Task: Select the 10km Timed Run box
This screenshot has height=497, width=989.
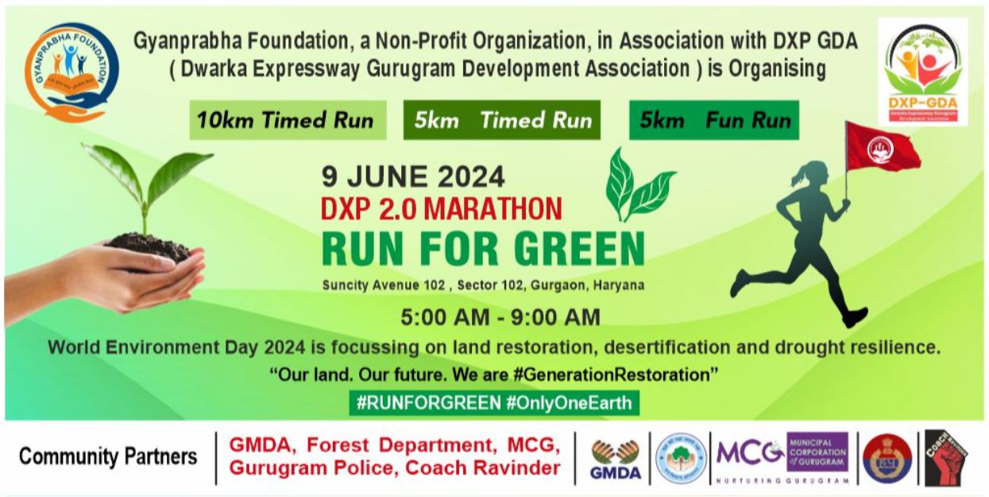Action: coord(287,121)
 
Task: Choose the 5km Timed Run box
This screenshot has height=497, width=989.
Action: coord(502,121)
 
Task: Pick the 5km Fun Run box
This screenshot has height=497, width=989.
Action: coord(714,121)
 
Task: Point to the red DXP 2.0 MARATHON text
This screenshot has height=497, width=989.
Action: coord(442,208)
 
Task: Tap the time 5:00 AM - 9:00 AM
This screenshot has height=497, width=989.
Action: coord(500,318)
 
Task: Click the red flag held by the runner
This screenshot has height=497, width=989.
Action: coord(881,146)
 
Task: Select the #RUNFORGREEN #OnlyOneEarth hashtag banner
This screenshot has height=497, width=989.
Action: coord(494,402)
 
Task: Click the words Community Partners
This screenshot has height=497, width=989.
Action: coord(108,457)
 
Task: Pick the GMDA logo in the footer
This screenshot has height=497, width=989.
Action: coord(616,460)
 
